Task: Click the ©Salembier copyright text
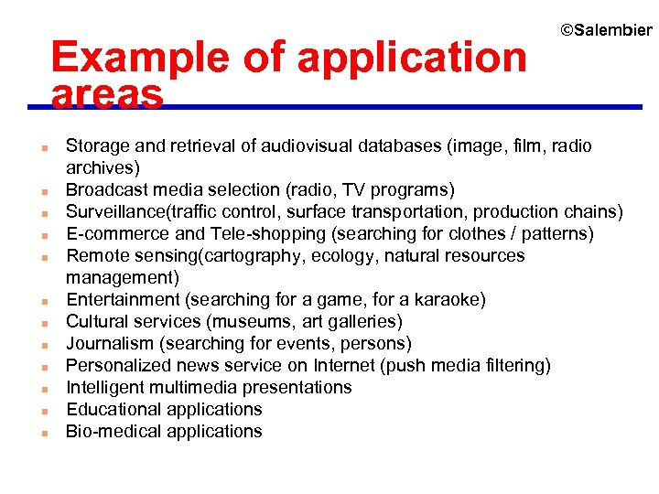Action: tap(606, 31)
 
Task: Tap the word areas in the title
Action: tap(107, 94)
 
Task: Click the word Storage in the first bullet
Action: tap(98, 146)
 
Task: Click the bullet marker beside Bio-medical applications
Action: tap(44, 433)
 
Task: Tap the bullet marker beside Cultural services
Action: tap(44, 323)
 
